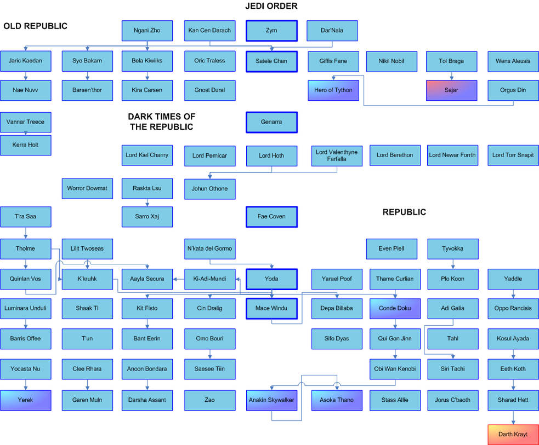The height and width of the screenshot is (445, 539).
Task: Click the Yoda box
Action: pos(271,279)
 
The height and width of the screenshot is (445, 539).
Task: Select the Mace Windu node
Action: pos(271,309)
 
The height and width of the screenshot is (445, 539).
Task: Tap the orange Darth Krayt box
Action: pos(513,435)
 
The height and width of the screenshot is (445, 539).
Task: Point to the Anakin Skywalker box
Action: pos(271,400)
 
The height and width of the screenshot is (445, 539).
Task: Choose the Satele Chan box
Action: pos(271,61)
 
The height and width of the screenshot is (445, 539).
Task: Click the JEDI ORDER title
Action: pos(271,6)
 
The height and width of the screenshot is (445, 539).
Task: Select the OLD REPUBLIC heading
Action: pos(36,26)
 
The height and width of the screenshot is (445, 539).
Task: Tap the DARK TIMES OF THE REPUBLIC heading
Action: pos(162,122)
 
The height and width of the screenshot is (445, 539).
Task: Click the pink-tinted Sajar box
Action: pos(451,90)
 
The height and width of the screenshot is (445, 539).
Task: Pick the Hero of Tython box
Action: pos(333,90)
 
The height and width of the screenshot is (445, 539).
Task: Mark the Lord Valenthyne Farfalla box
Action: pos(337,156)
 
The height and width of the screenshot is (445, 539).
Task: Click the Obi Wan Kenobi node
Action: pos(395,369)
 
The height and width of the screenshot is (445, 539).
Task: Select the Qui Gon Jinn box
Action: pos(395,339)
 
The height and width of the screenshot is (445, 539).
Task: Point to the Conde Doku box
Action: pos(395,309)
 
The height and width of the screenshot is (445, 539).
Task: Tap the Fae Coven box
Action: pos(271,217)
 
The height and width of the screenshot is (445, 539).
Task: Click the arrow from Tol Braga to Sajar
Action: pos(451,76)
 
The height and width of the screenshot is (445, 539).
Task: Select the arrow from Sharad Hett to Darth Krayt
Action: pos(513,418)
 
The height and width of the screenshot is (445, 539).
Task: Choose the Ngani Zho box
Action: pos(147,31)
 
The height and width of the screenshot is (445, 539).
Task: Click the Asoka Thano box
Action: pos(337,400)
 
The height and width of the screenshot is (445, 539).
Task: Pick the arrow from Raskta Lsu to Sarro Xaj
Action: pos(147,203)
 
